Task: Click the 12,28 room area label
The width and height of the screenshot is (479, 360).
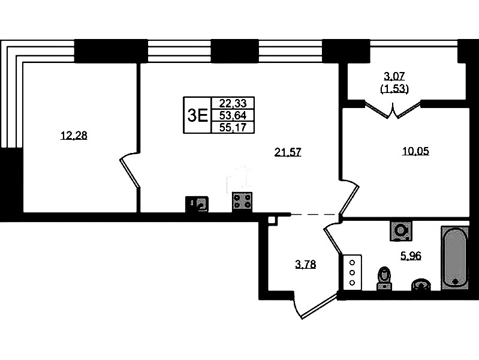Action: click(x=74, y=135)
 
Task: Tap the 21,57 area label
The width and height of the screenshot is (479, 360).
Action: click(x=288, y=152)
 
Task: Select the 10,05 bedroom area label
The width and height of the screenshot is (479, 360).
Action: click(x=415, y=151)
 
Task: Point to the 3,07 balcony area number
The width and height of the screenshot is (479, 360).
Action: click(x=394, y=76)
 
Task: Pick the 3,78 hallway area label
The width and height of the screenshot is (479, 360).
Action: click(x=306, y=264)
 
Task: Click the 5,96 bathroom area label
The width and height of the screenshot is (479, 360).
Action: click(x=411, y=256)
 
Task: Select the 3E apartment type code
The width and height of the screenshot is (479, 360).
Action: click(x=197, y=116)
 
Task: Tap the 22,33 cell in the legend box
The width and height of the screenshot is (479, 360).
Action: click(x=233, y=103)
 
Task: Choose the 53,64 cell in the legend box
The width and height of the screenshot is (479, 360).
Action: click(x=233, y=115)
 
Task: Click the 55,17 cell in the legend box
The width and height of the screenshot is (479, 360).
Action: click(x=233, y=127)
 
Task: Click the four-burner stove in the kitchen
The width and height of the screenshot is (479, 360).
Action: click(x=242, y=202)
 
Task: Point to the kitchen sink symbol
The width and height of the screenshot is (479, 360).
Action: click(x=197, y=204)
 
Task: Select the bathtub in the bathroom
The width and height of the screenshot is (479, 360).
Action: click(x=455, y=257)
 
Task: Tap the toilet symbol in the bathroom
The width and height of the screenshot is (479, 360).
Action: click(x=384, y=278)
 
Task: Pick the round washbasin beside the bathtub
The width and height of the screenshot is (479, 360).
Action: click(x=421, y=284)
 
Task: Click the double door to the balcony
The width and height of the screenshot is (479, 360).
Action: click(x=393, y=110)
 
